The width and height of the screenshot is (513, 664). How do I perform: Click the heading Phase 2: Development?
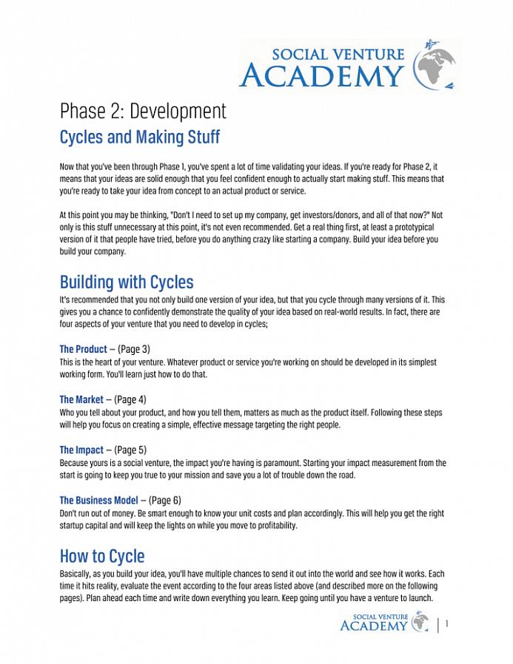click(x=143, y=111)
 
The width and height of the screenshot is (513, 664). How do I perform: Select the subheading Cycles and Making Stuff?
click(x=139, y=138)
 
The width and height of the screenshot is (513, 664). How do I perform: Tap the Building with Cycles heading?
click(x=127, y=282)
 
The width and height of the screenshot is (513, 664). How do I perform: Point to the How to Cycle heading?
click(x=102, y=555)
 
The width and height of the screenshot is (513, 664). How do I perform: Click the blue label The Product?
click(x=83, y=349)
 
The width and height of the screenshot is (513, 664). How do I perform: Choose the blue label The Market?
click(x=81, y=399)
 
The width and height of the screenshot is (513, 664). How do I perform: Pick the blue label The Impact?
click(x=81, y=450)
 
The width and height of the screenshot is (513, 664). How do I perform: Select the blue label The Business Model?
click(x=98, y=500)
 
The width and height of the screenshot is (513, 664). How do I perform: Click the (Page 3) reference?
click(x=134, y=349)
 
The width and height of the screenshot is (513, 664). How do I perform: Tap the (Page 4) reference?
click(x=130, y=399)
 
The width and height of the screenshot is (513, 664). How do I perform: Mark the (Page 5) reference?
click(x=130, y=450)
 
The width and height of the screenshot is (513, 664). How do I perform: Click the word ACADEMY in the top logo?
click(x=322, y=75)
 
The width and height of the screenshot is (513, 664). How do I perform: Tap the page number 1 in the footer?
click(x=447, y=625)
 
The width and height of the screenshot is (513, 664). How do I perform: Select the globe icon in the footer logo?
click(x=420, y=622)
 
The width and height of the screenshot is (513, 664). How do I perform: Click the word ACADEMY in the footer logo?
click(x=373, y=626)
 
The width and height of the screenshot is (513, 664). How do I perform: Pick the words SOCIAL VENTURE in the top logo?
click(x=338, y=54)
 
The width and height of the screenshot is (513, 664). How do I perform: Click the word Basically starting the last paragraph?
click(x=76, y=574)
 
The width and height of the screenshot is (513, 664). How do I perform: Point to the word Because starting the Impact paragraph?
click(x=76, y=463)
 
